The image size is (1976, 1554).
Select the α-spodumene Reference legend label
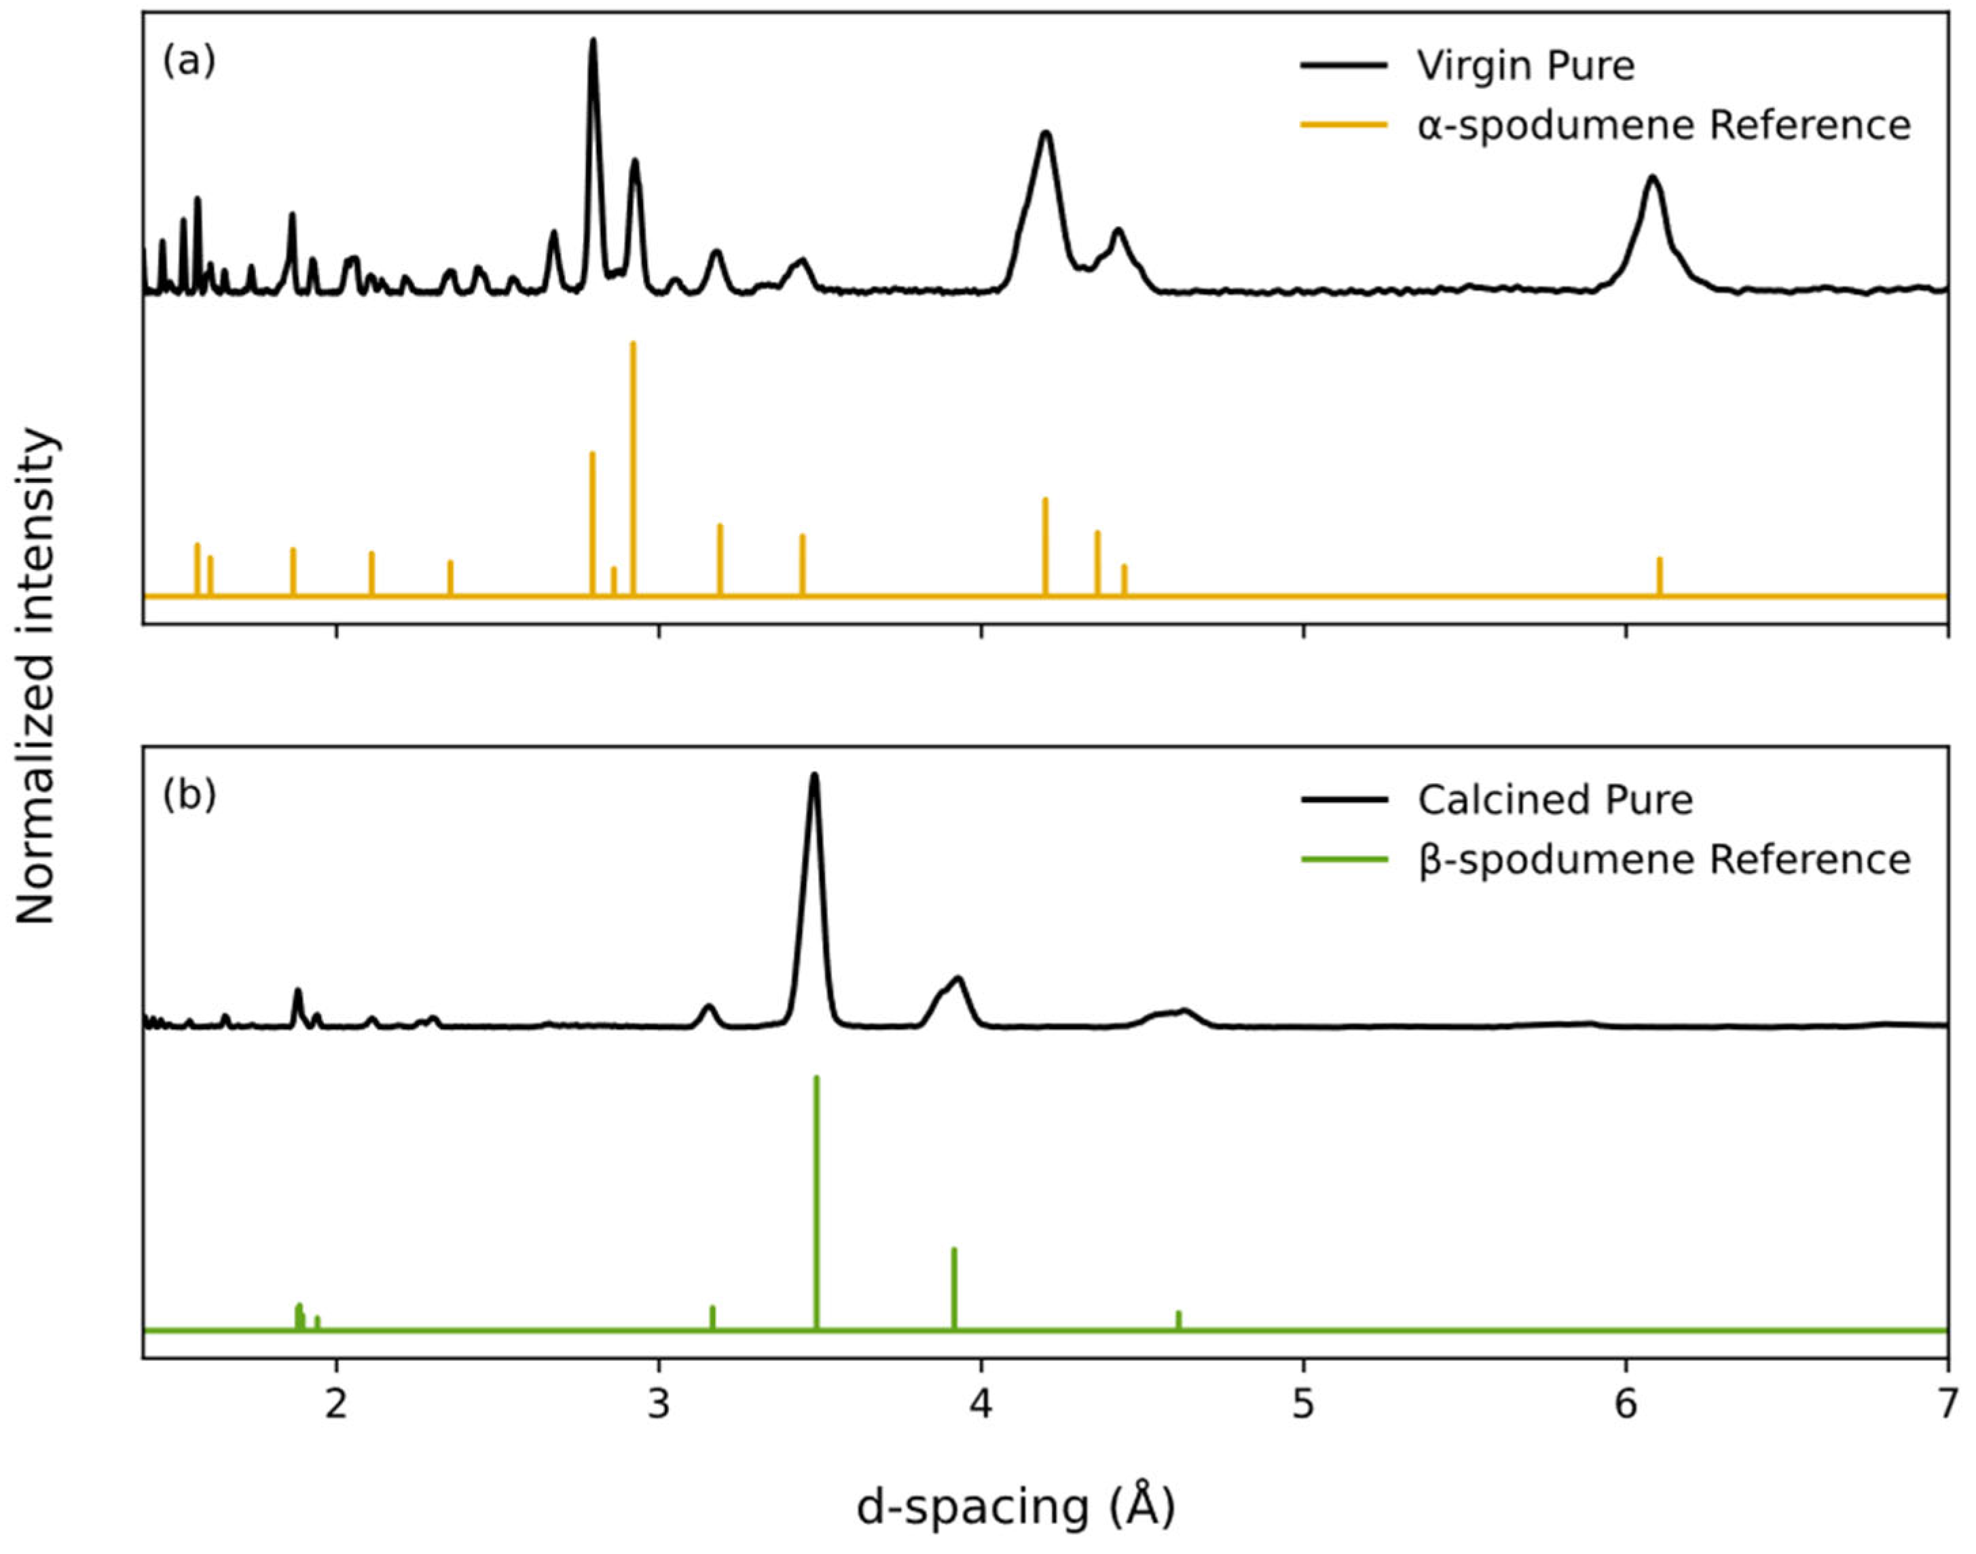(1664, 125)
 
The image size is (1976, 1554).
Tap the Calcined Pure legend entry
(1555, 799)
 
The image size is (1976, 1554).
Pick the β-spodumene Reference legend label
(1664, 859)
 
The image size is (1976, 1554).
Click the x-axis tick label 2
(337, 1404)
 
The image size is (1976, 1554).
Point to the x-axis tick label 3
(659, 1404)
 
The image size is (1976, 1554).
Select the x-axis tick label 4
(981, 1404)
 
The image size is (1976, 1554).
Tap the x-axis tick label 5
(1303, 1404)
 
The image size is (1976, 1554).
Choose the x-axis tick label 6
(1625, 1404)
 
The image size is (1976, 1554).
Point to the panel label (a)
(189, 61)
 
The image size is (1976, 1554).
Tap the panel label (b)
(189, 795)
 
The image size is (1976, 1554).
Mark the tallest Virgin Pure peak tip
(593, 41)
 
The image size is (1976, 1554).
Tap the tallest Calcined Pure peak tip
(814, 775)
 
